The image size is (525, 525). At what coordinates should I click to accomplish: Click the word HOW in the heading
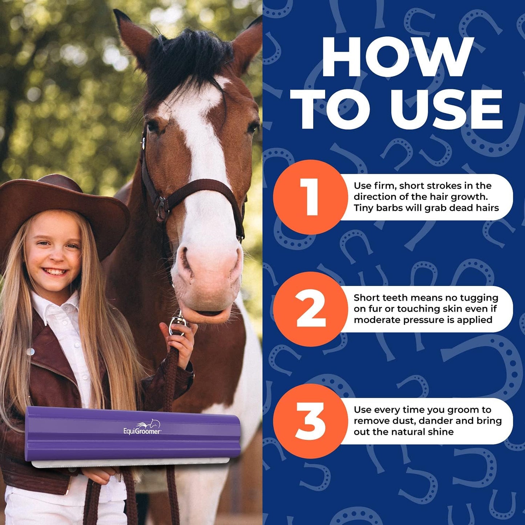398,57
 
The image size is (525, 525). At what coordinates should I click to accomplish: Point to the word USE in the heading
446,109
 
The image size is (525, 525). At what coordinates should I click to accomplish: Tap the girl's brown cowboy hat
62,210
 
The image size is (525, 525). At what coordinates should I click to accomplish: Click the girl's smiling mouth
55,272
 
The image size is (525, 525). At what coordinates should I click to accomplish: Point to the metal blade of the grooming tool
131,464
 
